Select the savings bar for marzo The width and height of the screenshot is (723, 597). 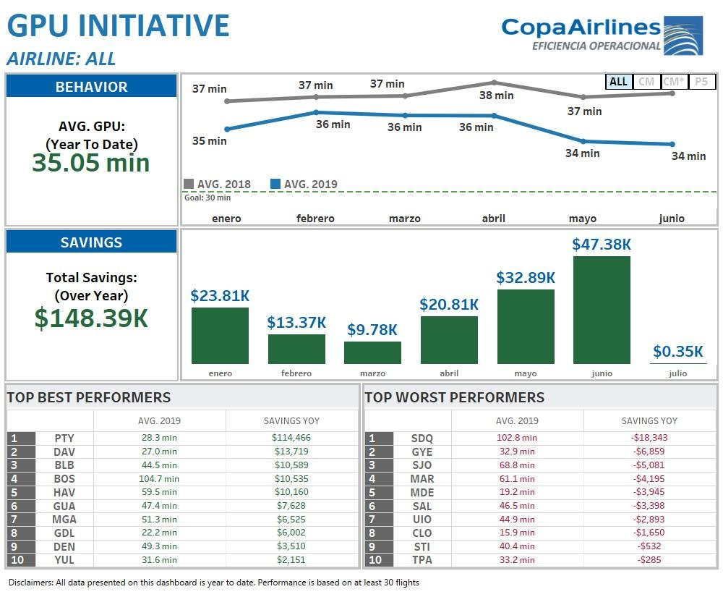pyautogui.click(x=372, y=352)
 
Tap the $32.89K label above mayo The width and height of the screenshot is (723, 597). pyautogui.click(x=526, y=277)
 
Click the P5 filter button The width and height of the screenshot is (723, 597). pyautogui.click(x=701, y=82)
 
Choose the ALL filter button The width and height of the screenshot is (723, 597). pyautogui.click(x=618, y=82)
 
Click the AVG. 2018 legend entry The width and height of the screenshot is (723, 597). pyautogui.click(x=218, y=184)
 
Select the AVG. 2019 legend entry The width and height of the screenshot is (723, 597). pyautogui.click(x=304, y=184)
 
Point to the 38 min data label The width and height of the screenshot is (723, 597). pyautogui.click(x=497, y=95)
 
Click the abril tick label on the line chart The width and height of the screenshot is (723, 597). pyautogui.click(x=494, y=218)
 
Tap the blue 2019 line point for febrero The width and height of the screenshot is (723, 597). pyautogui.click(x=316, y=112)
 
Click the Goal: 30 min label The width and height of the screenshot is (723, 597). pyautogui.click(x=208, y=198)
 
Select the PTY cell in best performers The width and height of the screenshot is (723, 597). pyautogui.click(x=64, y=438)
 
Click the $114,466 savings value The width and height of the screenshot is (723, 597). pyautogui.click(x=291, y=438)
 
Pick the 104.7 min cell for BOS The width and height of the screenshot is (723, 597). pyautogui.click(x=159, y=478)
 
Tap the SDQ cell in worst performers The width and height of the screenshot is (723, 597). pyautogui.click(x=422, y=438)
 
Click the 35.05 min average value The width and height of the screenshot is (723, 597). pyautogui.click(x=91, y=163)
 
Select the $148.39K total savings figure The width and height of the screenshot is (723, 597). pyautogui.click(x=91, y=318)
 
